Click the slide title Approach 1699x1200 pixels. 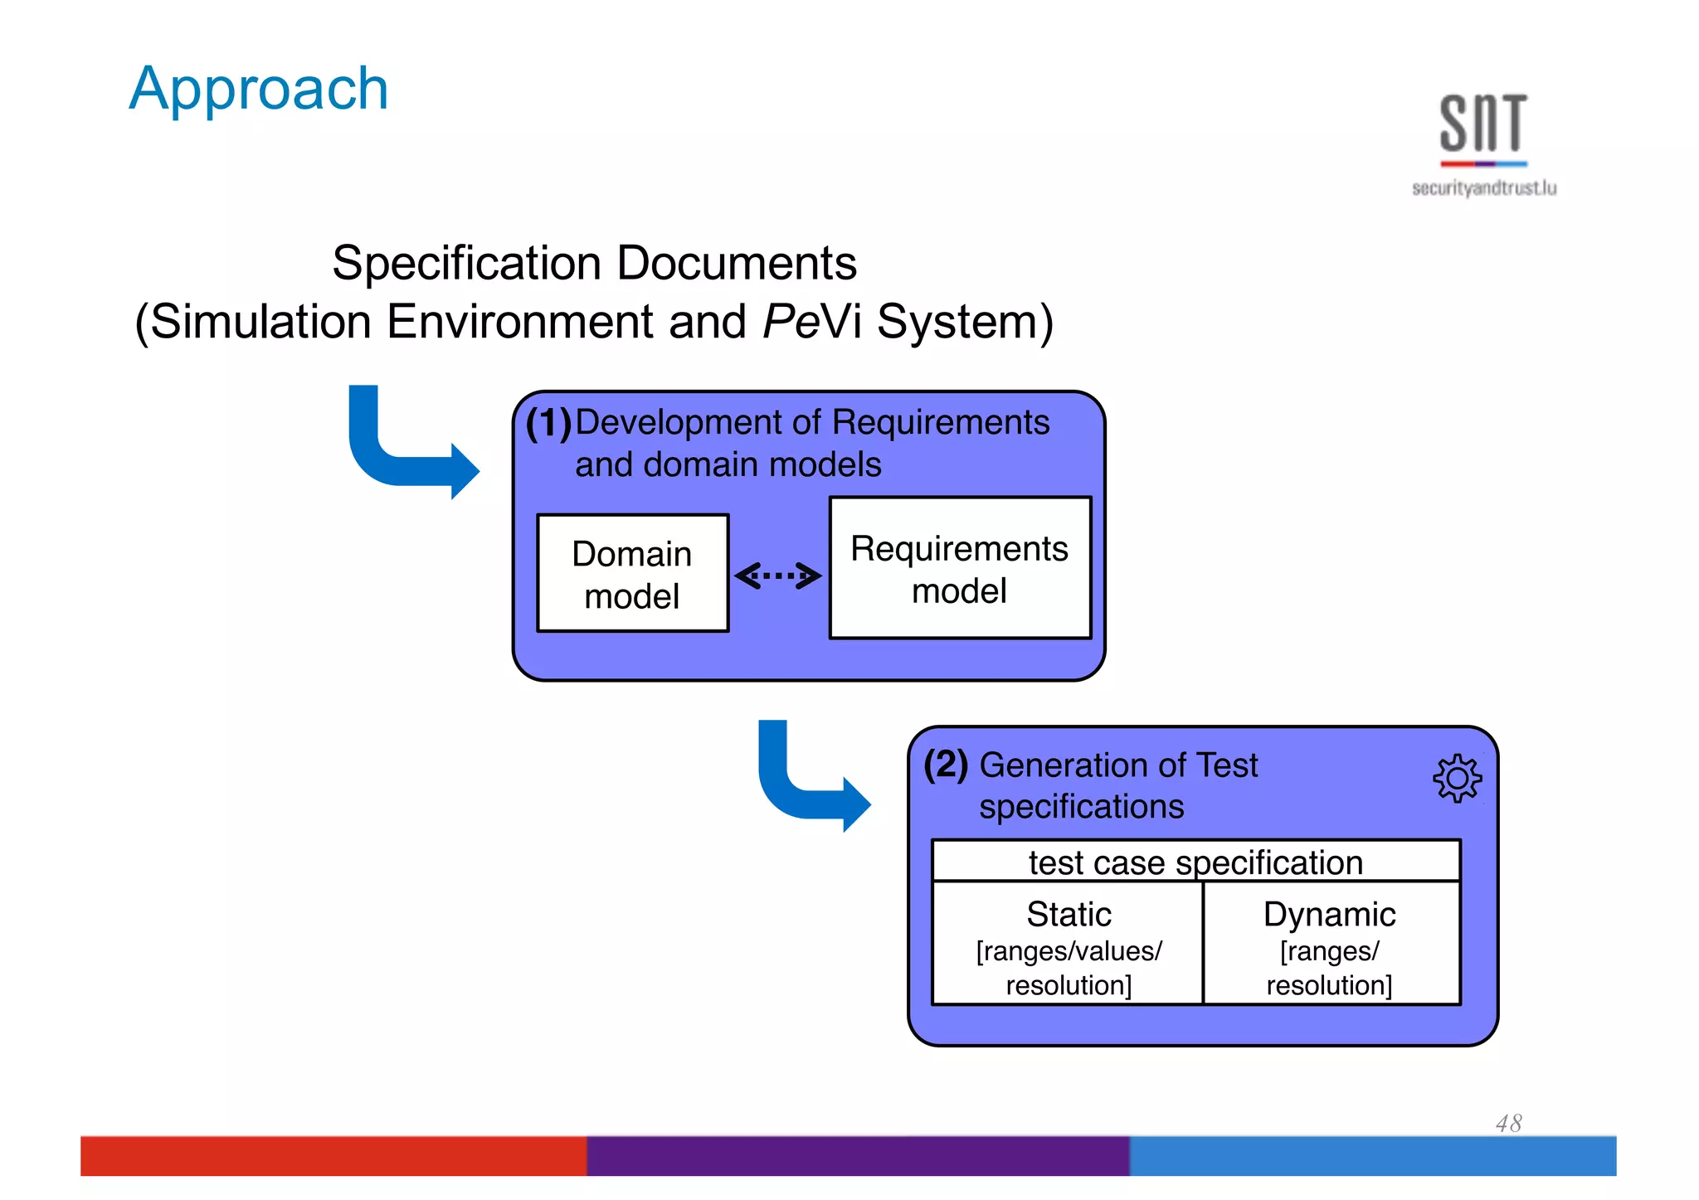click(259, 89)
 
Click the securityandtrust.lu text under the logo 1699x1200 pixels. click(1484, 188)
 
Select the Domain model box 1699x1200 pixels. click(632, 573)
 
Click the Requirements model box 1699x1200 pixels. click(960, 569)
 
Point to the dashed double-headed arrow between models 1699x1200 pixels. click(778, 575)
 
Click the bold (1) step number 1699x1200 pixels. click(548, 423)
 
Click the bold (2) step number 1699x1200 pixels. click(946, 764)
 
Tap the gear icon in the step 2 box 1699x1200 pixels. click(1457, 778)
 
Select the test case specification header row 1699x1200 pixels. click(1195, 862)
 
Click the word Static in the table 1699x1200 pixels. click(1069, 914)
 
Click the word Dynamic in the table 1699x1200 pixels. click(1329, 914)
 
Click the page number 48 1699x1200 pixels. click(1508, 1123)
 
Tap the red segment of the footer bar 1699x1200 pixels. click(332, 1155)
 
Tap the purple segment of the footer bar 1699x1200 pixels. click(857, 1155)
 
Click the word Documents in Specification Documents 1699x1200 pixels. click(737, 264)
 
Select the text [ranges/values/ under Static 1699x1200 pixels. click(1069, 950)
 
